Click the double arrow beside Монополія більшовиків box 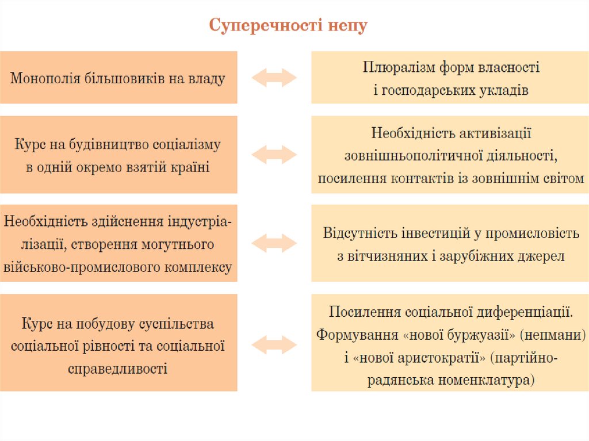(274, 78)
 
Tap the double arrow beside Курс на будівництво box (274, 154)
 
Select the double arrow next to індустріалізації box (274, 243)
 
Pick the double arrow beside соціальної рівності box (274, 344)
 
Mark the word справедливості (118, 368)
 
